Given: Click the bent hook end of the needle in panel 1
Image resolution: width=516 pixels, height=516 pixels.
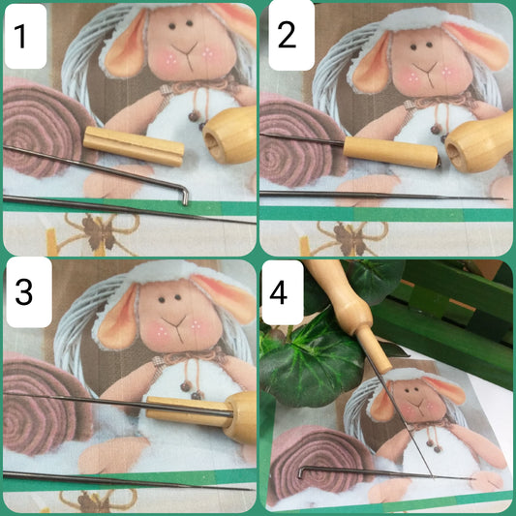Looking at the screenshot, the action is [185, 196].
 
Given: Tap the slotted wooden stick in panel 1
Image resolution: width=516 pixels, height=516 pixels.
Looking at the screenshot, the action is [134, 146].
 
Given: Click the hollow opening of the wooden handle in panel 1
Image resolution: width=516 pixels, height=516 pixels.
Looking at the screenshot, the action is [210, 144].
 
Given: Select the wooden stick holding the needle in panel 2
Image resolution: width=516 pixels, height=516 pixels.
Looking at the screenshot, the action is [390, 152].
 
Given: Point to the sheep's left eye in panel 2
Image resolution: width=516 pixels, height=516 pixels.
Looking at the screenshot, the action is [413, 46].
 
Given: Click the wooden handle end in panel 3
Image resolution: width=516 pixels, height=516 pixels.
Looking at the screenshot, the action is [239, 417].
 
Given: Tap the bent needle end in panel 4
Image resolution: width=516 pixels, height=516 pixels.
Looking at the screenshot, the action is [301, 471].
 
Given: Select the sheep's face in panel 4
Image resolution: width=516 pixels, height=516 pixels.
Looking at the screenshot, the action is [415, 399].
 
